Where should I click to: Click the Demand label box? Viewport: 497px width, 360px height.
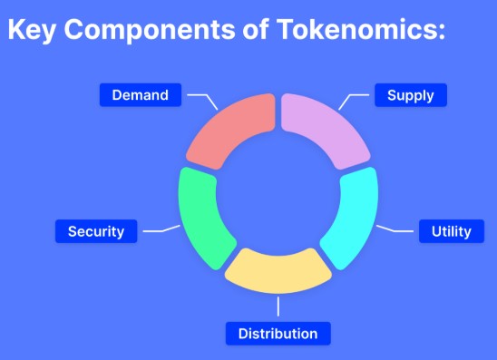click(x=141, y=95)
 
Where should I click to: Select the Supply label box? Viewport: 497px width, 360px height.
click(x=410, y=95)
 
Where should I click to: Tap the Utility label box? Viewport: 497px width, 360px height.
click(x=451, y=231)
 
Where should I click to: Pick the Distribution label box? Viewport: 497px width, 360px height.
click(x=278, y=334)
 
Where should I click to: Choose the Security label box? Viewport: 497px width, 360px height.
click(x=95, y=231)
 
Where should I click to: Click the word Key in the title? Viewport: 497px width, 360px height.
click(x=34, y=29)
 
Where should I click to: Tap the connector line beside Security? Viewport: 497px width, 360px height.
click(x=160, y=229)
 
